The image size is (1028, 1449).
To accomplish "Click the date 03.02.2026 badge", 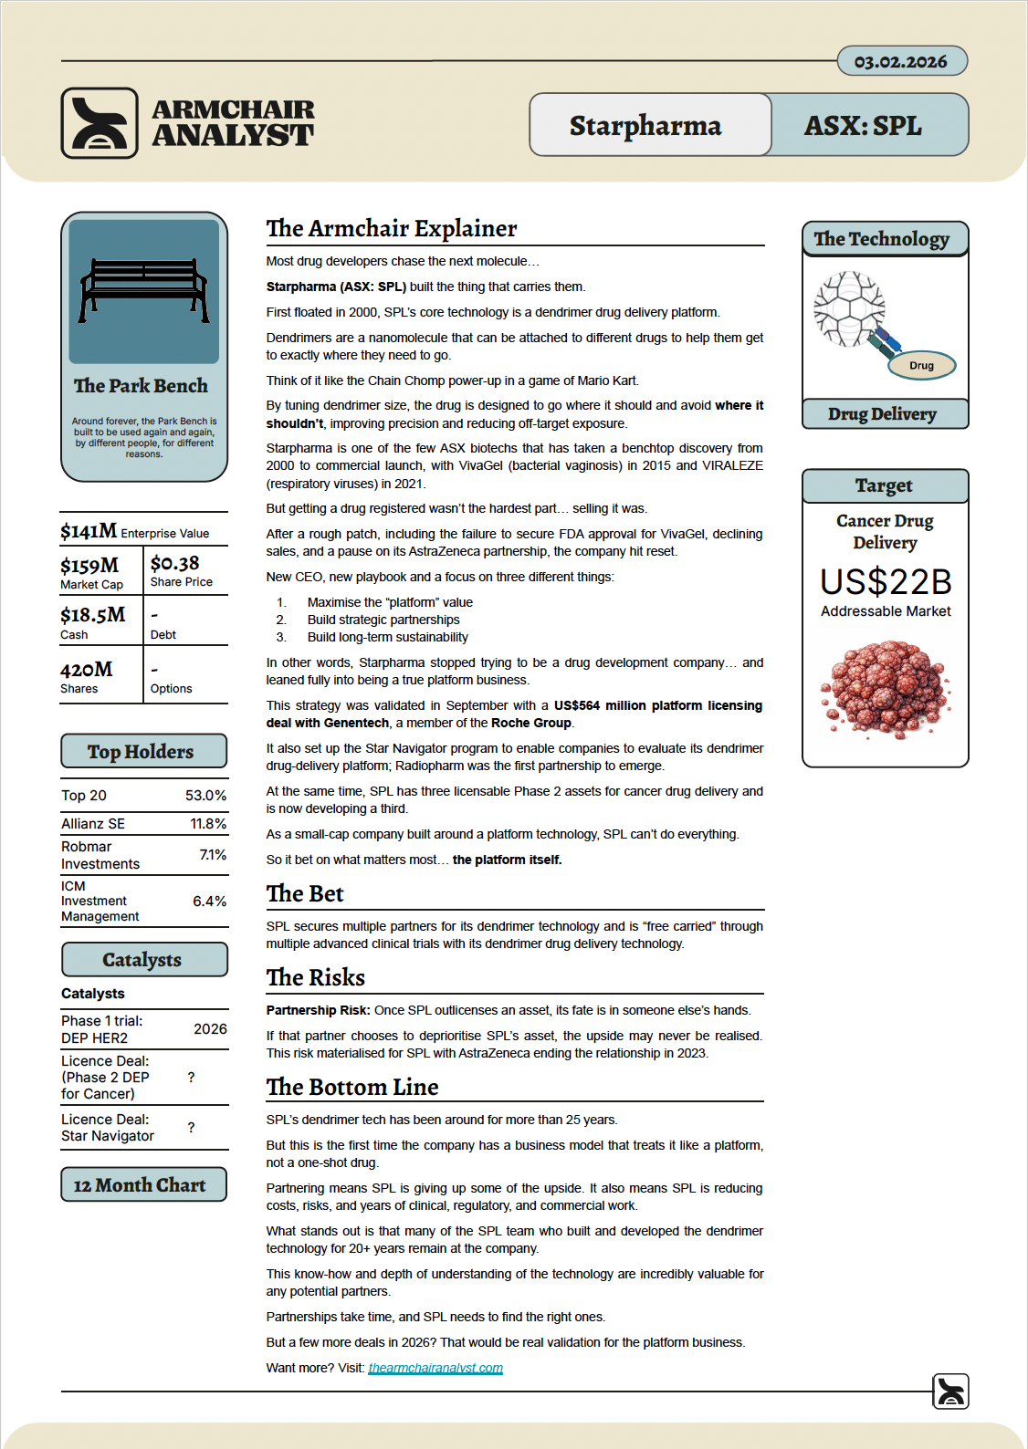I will point(901,61).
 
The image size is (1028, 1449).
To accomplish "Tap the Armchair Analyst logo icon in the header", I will point(100,123).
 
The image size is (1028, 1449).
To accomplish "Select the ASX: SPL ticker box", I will point(864,125).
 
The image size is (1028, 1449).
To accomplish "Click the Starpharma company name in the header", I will point(645,125).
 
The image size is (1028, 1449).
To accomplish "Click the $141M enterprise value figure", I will point(89,531).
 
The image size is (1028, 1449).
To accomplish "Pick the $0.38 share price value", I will point(174,563).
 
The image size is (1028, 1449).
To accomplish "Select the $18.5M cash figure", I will point(93,614).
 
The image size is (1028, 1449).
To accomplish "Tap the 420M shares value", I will point(87,669).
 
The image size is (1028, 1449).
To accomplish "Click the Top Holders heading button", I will point(143,751).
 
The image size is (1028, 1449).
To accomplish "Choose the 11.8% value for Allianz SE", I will point(208,823).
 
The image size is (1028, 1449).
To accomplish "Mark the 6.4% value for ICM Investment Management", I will point(209,901).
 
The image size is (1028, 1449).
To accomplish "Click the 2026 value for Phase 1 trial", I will point(210,1028).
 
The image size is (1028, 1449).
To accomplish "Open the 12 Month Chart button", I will point(143,1184).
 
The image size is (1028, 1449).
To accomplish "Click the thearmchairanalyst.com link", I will point(435,1368).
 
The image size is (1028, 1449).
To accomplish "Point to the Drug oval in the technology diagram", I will point(921,365).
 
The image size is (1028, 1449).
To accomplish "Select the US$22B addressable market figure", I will point(886,581).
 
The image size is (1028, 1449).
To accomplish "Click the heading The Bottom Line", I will point(352,1087).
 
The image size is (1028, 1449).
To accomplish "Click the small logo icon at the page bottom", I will point(950,1392).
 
